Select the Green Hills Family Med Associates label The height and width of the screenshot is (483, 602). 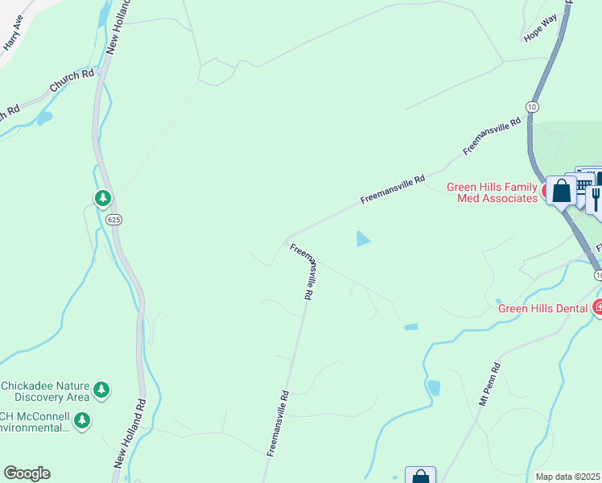[492, 192]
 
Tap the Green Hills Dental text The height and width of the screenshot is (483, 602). [544, 308]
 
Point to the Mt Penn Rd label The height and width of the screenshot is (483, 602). [489, 384]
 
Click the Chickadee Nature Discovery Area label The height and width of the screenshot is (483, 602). [45, 390]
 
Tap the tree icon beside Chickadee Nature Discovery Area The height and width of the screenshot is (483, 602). [101, 390]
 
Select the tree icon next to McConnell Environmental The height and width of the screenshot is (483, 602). [81, 419]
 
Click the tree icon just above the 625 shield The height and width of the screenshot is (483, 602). [102, 197]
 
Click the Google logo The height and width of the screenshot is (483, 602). [27, 473]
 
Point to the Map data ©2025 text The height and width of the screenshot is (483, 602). [568, 477]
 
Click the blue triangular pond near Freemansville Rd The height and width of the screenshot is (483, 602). [363, 238]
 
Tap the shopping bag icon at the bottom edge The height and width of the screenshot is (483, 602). [420, 477]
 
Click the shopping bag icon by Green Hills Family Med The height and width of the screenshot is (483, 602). [562, 192]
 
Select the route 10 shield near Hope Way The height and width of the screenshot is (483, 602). [532, 106]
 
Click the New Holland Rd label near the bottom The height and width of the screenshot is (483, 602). [130, 435]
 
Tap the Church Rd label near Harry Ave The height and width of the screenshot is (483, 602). [72, 80]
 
